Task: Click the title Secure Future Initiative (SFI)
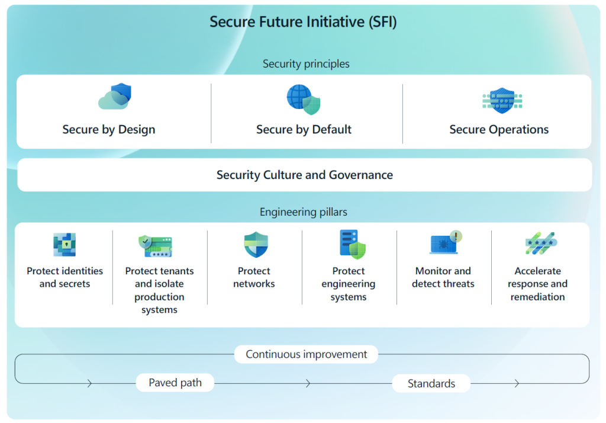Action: pyautogui.click(x=303, y=23)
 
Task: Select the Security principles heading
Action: pyautogui.click(x=306, y=64)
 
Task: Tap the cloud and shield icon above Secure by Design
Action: pyautogui.click(x=115, y=97)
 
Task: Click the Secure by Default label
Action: pyautogui.click(x=304, y=130)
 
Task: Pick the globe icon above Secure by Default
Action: pyautogui.click(x=303, y=99)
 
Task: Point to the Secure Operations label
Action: pyautogui.click(x=499, y=130)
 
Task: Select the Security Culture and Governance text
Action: pyautogui.click(x=304, y=175)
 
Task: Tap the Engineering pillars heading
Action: pyautogui.click(x=304, y=212)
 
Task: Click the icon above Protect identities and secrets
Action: pyautogui.click(x=65, y=245)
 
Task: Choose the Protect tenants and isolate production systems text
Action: pyautogui.click(x=159, y=290)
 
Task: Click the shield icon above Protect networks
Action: pyautogui.click(x=256, y=245)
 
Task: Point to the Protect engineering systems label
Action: pyautogui.click(x=349, y=284)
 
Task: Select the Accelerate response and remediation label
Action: pyautogui.click(x=537, y=284)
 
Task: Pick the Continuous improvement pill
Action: pyautogui.click(x=306, y=355)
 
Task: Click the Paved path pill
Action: pyautogui.click(x=175, y=383)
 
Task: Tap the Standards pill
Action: pyautogui.click(x=431, y=384)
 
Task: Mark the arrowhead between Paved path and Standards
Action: pyautogui.click(x=308, y=384)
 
